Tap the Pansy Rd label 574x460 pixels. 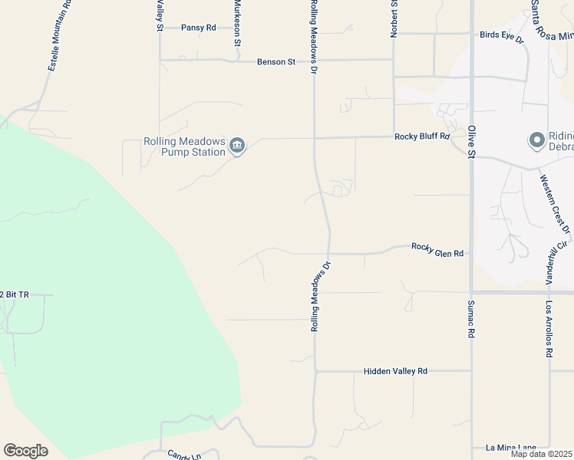click(x=199, y=28)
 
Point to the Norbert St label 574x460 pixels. click(x=394, y=17)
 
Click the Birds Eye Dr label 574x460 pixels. click(x=501, y=36)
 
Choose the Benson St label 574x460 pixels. click(x=276, y=61)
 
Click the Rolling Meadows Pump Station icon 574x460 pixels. click(x=237, y=146)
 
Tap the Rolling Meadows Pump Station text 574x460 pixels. click(x=184, y=146)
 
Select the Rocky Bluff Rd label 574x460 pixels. click(x=422, y=136)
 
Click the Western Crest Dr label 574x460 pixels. click(x=556, y=204)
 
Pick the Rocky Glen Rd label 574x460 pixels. click(x=437, y=249)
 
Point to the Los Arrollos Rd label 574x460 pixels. click(x=549, y=329)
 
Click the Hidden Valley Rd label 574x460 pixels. click(x=395, y=371)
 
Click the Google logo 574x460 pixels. click(x=25, y=451)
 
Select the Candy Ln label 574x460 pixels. click(x=186, y=455)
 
